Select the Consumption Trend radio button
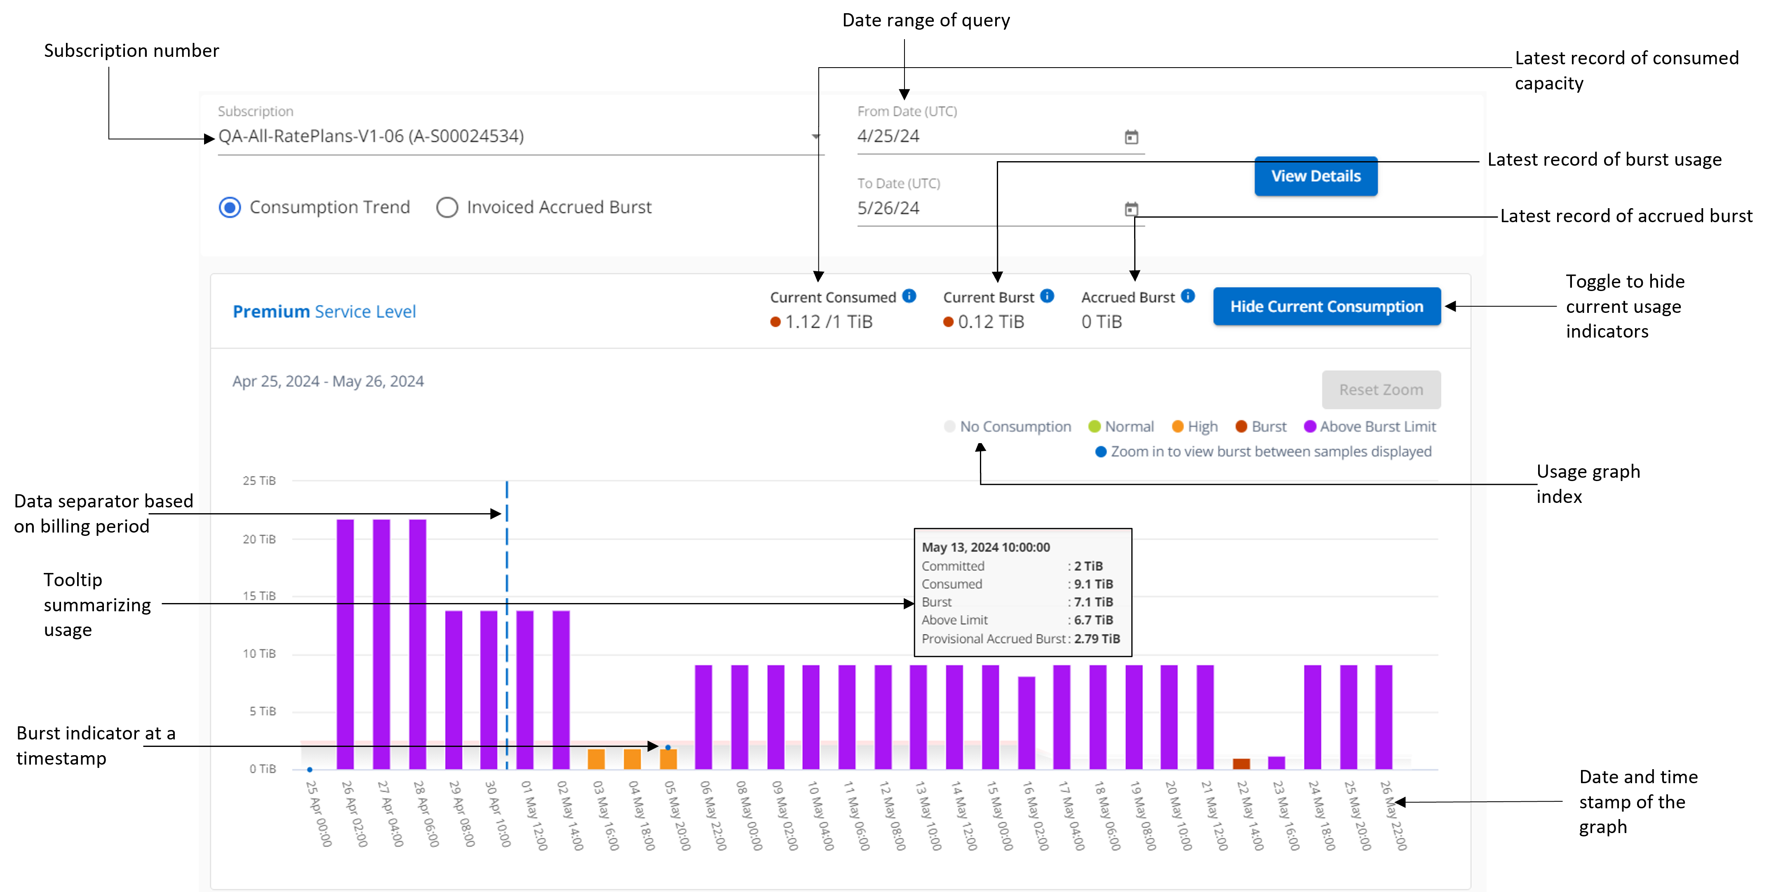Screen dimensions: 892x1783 click(x=230, y=208)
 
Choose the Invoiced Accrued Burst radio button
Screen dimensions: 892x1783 click(x=447, y=208)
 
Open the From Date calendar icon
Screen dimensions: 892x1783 click(x=1131, y=137)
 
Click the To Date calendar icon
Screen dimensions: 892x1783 click(x=1131, y=209)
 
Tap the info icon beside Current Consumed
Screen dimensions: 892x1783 click(x=909, y=296)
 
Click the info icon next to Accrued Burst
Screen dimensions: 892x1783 click(x=1188, y=296)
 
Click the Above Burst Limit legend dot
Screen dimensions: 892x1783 click(x=1310, y=426)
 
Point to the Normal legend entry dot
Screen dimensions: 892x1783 click(x=1094, y=426)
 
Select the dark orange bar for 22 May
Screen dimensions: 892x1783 click(x=1241, y=763)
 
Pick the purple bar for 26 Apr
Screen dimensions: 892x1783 click(x=345, y=643)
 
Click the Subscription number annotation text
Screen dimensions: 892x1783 click(x=132, y=51)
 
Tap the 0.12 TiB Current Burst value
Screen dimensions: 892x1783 click(x=991, y=322)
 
